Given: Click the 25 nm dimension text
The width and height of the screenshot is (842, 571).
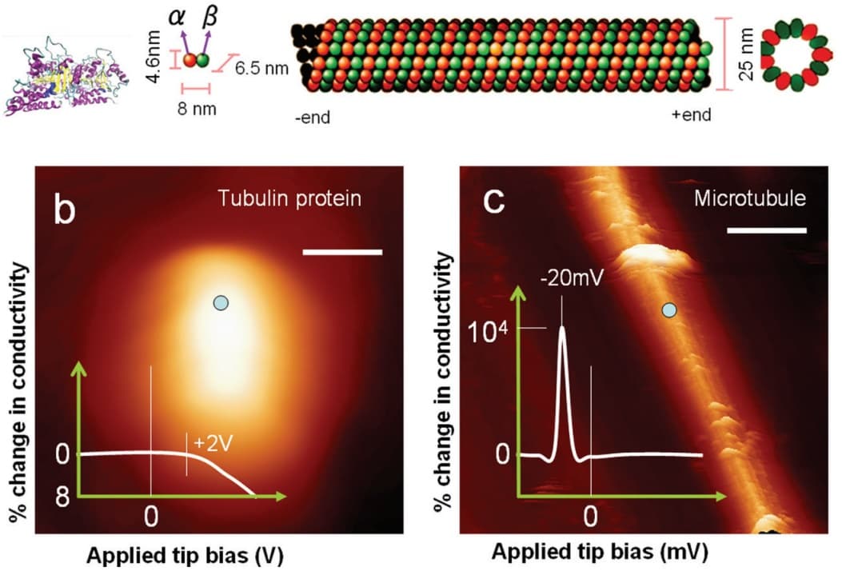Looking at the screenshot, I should [746, 60].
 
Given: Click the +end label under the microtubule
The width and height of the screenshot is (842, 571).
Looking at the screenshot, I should [691, 116].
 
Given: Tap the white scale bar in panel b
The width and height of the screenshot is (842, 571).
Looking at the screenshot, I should [343, 254].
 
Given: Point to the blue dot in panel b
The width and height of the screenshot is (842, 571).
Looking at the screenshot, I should [221, 302].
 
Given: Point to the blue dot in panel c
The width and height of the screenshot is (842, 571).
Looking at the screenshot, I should [670, 309].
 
